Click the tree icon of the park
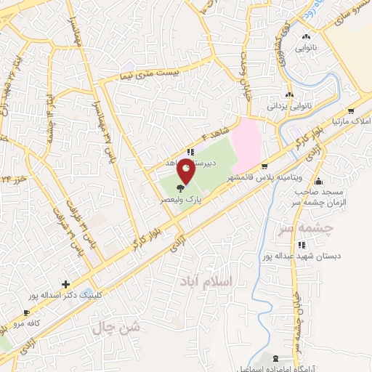(x=180, y=189)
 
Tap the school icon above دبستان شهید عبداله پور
(x=270, y=245)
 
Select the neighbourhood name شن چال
(x=116, y=328)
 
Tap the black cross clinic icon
(x=66, y=284)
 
